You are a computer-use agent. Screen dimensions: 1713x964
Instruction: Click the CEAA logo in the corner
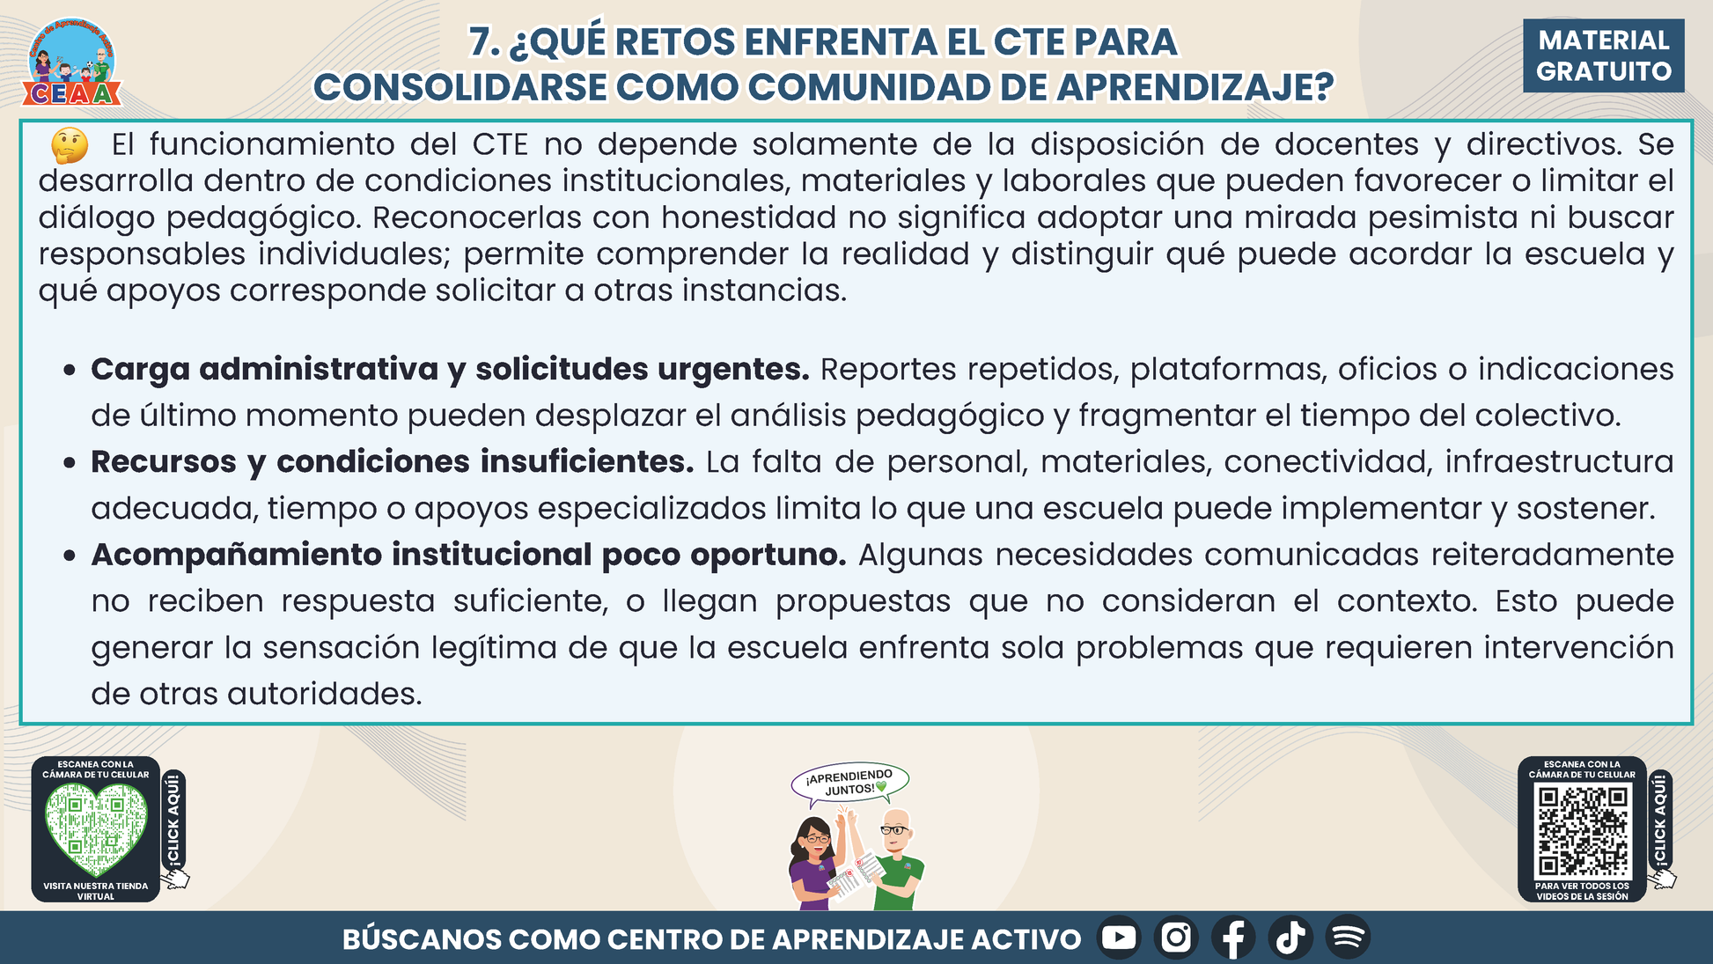[x=72, y=62]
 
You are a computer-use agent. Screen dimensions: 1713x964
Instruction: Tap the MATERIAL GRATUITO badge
[x=1603, y=55]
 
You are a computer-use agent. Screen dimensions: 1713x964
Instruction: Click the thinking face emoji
[x=70, y=145]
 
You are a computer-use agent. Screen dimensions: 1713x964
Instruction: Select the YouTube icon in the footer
[x=1119, y=937]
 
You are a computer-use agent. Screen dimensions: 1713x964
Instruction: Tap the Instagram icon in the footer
[x=1176, y=937]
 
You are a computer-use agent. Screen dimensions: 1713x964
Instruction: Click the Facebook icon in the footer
[x=1233, y=937]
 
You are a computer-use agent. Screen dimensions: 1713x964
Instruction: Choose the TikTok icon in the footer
[x=1290, y=937]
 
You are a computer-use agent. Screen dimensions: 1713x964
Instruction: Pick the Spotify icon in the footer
[x=1348, y=937]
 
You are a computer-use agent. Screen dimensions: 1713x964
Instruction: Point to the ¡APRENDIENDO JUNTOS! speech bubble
[x=849, y=783]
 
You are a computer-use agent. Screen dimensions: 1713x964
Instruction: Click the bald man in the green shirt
[x=893, y=859]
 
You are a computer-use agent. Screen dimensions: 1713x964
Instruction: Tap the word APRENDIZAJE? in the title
[x=1195, y=87]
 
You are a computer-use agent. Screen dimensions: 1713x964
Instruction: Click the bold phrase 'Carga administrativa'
[x=264, y=369]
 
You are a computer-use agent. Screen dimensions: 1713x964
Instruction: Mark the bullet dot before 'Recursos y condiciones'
[x=70, y=463]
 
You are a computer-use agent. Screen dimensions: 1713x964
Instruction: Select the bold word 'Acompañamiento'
[x=236, y=556]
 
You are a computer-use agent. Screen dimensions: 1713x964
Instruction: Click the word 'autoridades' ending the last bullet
[x=325, y=694]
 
